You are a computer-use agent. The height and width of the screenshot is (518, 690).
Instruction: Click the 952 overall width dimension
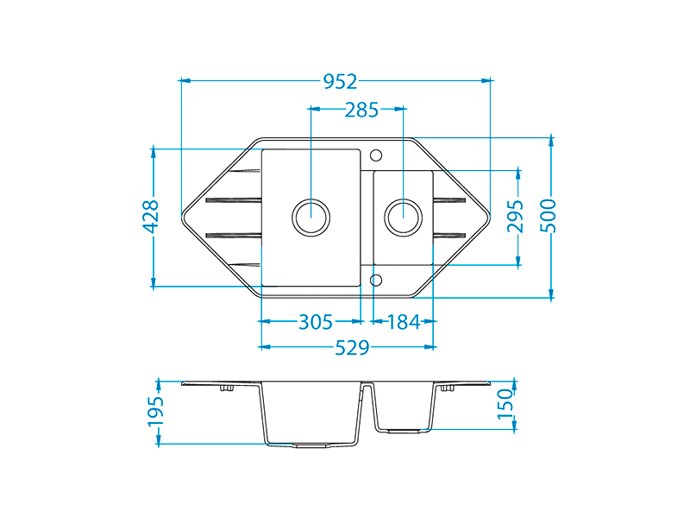340,81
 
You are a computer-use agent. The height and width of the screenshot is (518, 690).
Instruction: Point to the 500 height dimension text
549,216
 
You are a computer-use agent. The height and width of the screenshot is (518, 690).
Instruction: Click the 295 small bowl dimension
516,216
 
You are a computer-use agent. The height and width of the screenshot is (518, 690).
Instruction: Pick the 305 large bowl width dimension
316,322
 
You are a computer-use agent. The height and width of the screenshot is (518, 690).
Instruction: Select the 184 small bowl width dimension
404,322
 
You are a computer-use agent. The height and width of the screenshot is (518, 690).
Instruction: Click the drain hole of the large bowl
310,216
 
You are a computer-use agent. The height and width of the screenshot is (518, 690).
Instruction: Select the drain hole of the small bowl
403,216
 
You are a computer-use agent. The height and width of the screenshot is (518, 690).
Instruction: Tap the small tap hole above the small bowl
375,155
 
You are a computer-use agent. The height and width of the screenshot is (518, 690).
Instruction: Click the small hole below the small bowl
375,279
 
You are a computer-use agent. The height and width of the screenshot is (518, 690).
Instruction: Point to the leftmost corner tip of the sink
183,216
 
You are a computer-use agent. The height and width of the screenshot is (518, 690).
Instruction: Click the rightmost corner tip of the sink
489,216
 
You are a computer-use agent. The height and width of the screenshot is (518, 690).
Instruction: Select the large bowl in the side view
310,414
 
